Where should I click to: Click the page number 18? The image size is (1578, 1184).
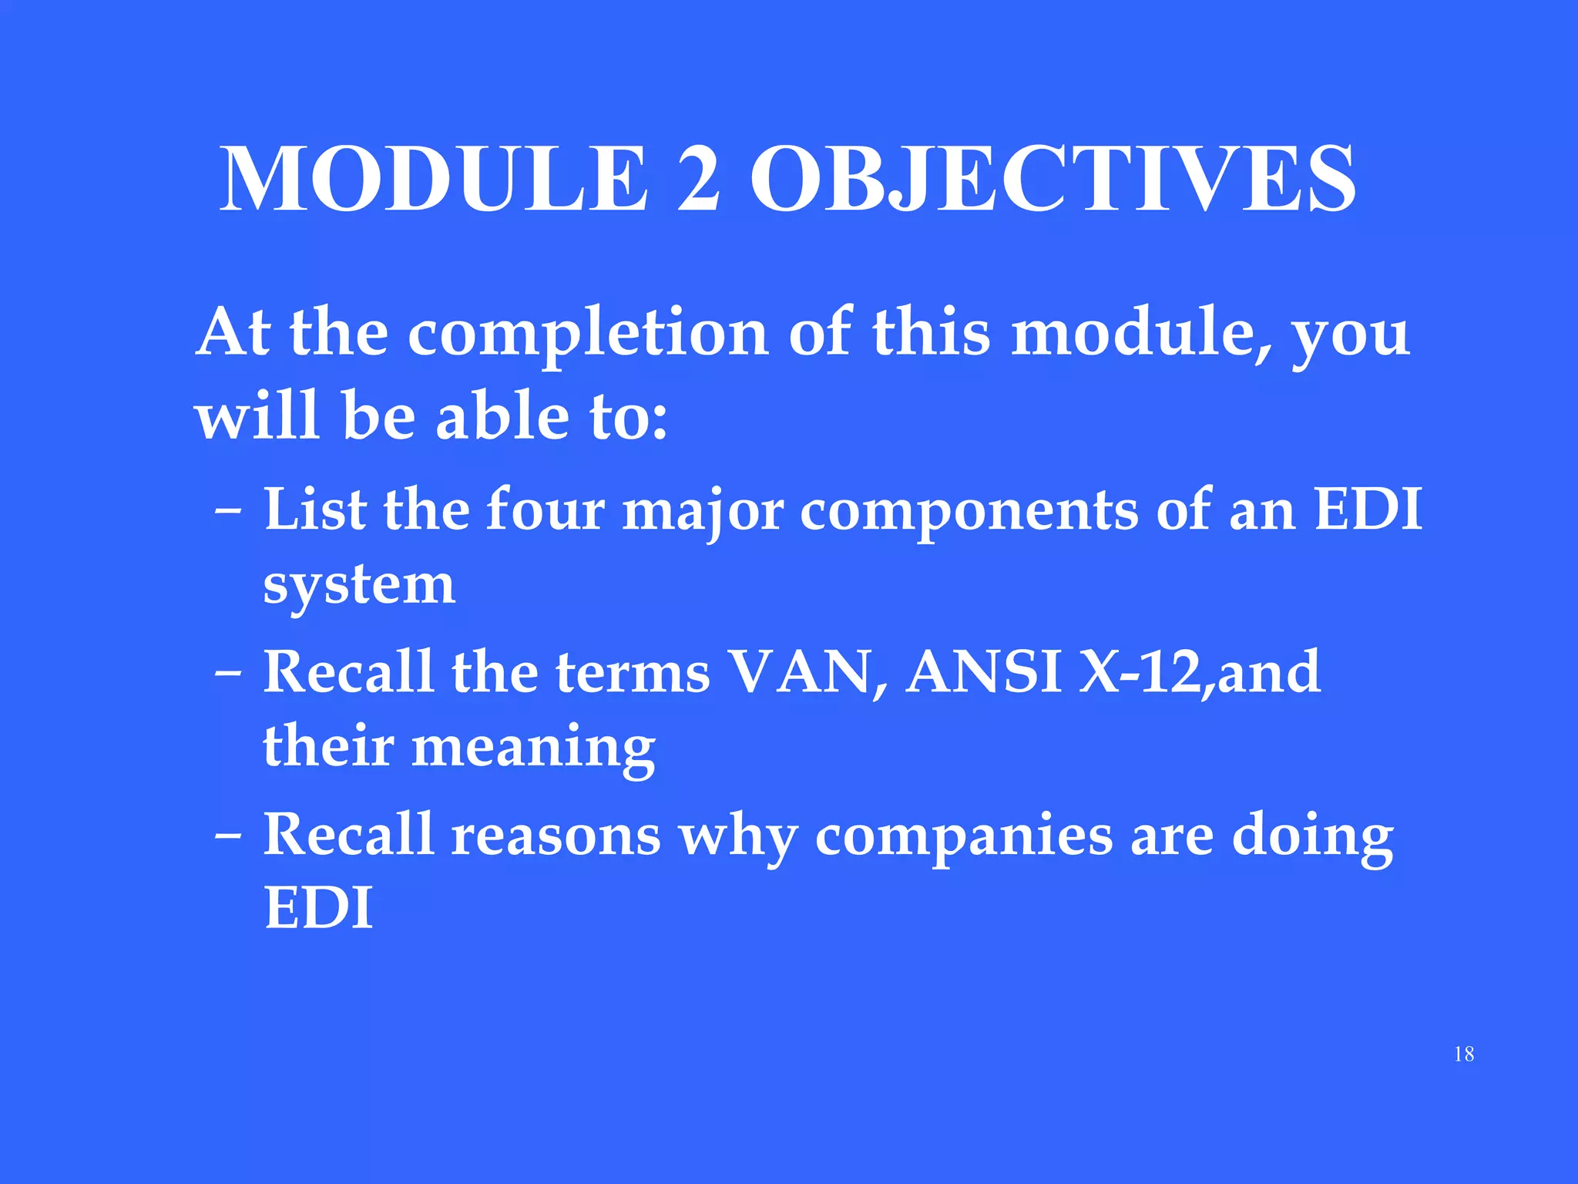click(1464, 1054)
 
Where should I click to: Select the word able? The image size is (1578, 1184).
click(502, 416)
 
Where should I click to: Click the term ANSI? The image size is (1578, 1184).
click(984, 672)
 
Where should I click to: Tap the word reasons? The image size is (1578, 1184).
click(556, 836)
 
